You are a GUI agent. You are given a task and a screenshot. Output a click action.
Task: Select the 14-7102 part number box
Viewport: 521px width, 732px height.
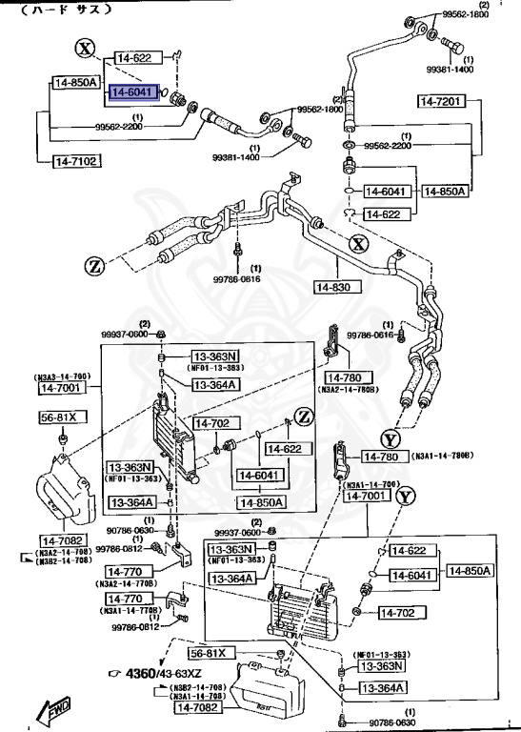pyautogui.click(x=75, y=161)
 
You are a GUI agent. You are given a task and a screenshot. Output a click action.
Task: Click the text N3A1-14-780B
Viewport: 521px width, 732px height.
pyautogui.click(x=445, y=456)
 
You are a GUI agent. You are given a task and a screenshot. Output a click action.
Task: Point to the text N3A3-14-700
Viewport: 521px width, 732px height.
pyautogui.click(x=64, y=376)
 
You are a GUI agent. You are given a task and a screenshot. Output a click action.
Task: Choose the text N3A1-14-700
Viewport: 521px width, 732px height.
pyautogui.click(x=372, y=484)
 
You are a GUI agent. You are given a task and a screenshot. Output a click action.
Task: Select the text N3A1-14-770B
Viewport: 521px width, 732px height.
pyautogui.click(x=128, y=610)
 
